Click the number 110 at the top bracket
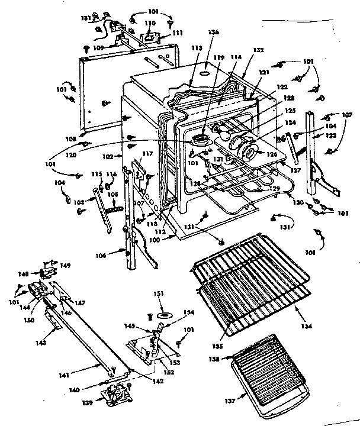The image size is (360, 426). [150, 23]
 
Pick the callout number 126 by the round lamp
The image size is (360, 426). [272, 155]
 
